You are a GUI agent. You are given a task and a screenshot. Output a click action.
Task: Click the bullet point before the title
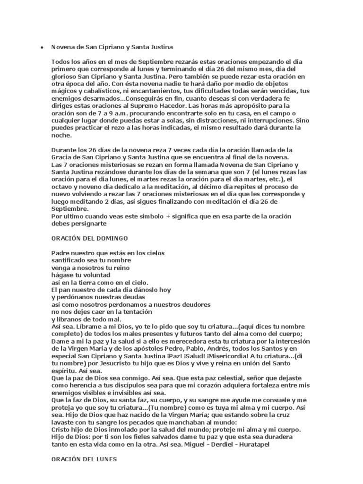(x=42, y=48)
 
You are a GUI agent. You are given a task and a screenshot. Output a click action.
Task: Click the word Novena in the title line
(x=62, y=47)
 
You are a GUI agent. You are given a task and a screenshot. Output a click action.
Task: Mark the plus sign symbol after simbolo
(x=167, y=216)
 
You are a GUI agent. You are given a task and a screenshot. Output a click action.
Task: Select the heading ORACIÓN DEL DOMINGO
(x=90, y=238)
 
